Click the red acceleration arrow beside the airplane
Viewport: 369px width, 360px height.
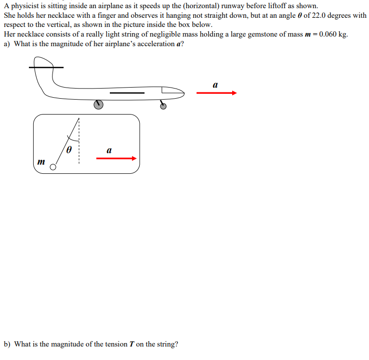[217, 93]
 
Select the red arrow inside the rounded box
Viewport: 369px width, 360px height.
[116, 158]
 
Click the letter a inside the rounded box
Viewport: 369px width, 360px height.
[109, 151]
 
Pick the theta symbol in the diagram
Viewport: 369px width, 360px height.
[69, 150]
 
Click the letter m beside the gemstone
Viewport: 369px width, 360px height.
[41, 162]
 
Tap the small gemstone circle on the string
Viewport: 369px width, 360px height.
[53, 167]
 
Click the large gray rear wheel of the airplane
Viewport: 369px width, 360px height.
[98, 104]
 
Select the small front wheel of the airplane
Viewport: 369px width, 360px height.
[163, 105]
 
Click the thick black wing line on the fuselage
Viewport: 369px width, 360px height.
[127, 92]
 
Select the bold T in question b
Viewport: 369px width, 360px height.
[130, 344]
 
